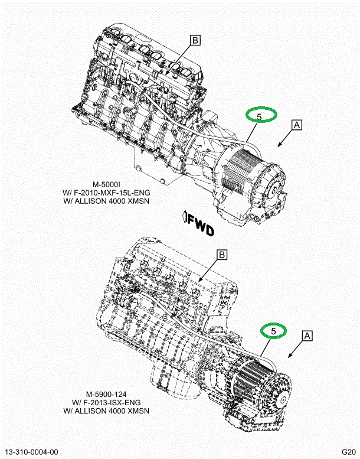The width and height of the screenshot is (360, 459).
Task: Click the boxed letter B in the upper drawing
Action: coord(195,40)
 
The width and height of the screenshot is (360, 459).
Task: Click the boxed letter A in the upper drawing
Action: coord(296,125)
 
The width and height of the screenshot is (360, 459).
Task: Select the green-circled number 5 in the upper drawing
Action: coord(260,115)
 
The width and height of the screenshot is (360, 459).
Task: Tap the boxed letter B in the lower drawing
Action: coord(222,255)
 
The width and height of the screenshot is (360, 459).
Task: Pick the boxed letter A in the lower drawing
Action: coord(307,335)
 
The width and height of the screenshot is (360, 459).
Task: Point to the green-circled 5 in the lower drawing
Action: coord(273,331)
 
